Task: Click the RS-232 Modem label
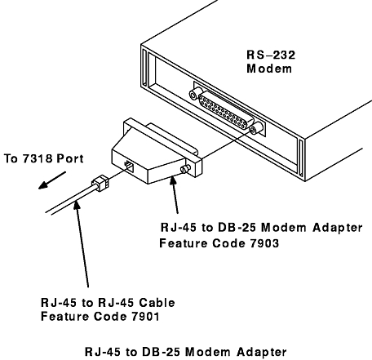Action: (x=271, y=62)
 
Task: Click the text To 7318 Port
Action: (x=44, y=158)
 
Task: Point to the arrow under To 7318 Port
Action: (x=52, y=180)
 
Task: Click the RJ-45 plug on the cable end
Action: (x=100, y=183)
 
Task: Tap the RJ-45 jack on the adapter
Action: (x=129, y=166)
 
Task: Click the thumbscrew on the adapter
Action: (x=185, y=169)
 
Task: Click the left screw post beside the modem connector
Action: (x=195, y=93)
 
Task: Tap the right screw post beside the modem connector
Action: (x=256, y=127)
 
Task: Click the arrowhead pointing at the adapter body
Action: (x=173, y=181)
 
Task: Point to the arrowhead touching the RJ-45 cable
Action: (x=77, y=205)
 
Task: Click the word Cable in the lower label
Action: (x=157, y=302)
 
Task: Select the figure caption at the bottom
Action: (x=186, y=352)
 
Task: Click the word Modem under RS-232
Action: (x=269, y=69)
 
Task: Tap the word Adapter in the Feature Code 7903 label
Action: (x=337, y=228)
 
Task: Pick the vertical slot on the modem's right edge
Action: (x=301, y=158)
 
